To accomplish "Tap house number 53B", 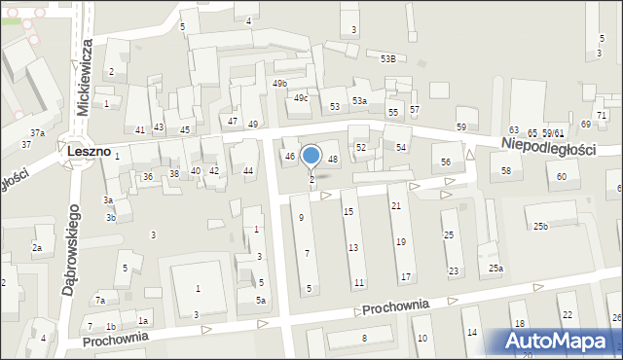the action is click(388, 59).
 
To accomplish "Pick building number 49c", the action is click(302, 98).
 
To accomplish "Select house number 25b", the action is click(540, 227).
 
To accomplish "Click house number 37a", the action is click(37, 132).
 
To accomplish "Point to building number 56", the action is click(446, 162).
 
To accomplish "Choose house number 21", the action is click(395, 205).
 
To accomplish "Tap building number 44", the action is click(248, 171).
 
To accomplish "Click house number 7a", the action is click(99, 301).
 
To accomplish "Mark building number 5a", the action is click(261, 301).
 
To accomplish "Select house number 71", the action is click(602, 116).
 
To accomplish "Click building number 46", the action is click(289, 157).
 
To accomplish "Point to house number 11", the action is click(359, 283).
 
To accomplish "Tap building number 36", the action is click(148, 176).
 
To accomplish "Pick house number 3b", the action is click(111, 218).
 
